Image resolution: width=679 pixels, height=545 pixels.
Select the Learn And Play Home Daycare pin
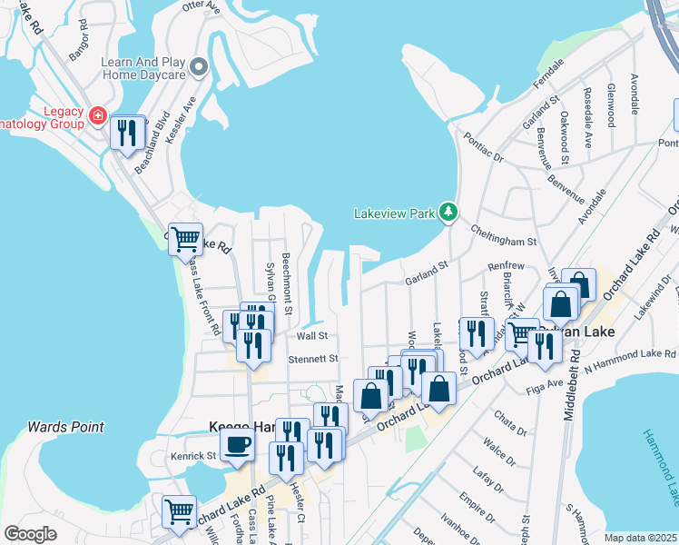click(x=200, y=68)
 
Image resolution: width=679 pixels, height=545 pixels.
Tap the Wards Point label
click(x=65, y=426)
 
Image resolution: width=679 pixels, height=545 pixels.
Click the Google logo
click(x=30, y=534)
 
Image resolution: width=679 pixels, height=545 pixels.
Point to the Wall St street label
click(x=311, y=335)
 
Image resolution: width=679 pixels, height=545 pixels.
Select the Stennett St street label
click(x=313, y=359)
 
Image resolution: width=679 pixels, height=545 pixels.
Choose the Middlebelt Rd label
click(x=525, y=502)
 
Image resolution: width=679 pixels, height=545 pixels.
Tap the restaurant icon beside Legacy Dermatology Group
click(x=128, y=134)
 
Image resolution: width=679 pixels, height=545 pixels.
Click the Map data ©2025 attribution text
click(x=640, y=538)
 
